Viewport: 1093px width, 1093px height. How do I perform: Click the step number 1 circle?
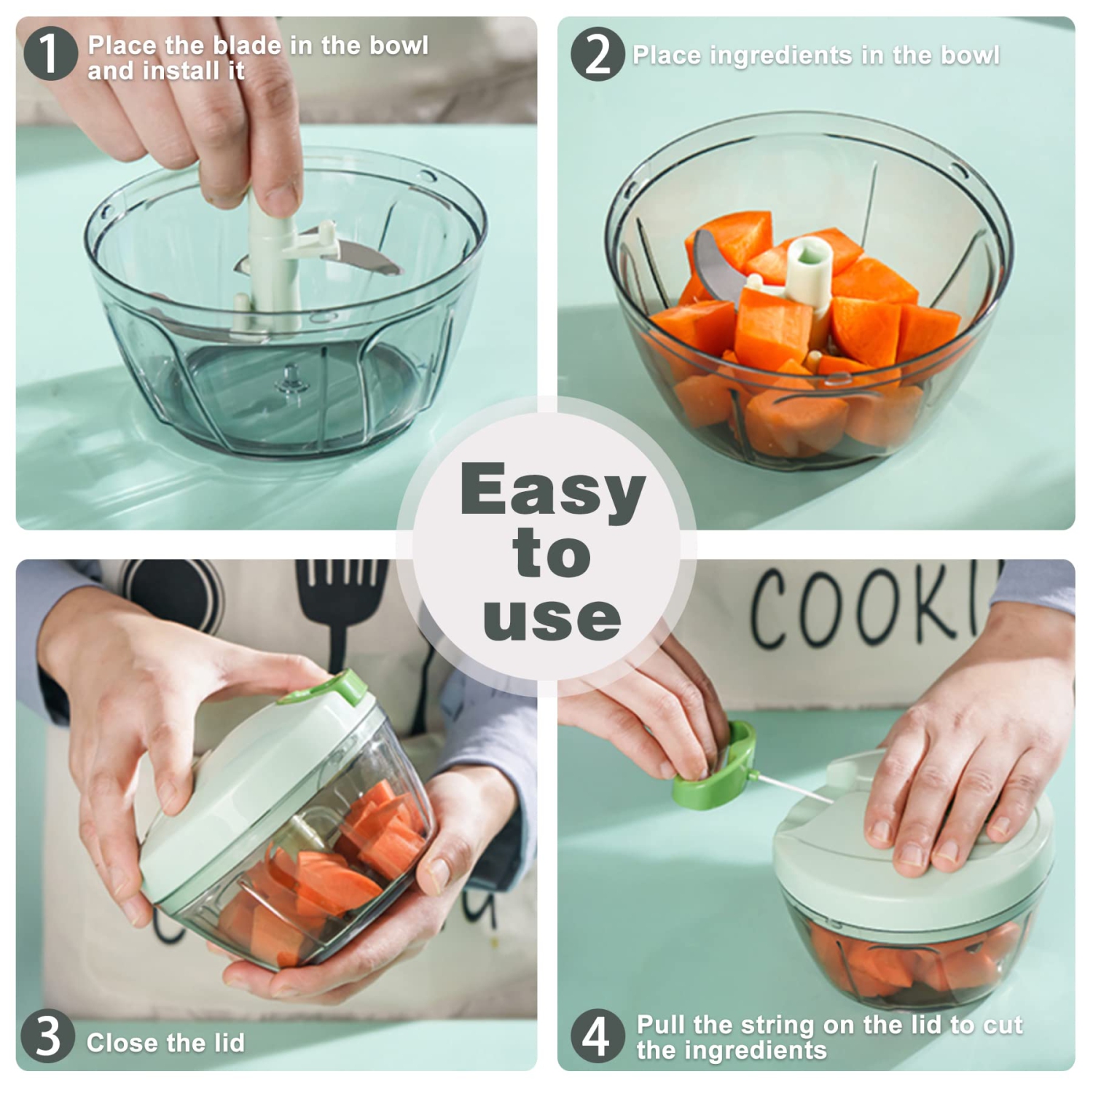tap(50, 55)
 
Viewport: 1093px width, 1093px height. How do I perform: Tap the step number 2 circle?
tap(598, 55)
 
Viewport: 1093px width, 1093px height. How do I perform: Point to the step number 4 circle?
tap(598, 1035)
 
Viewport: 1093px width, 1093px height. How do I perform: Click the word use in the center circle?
tap(552, 618)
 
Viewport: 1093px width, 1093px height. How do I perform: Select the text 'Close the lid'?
tap(165, 1043)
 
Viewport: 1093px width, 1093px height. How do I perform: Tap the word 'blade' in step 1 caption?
tap(248, 45)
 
